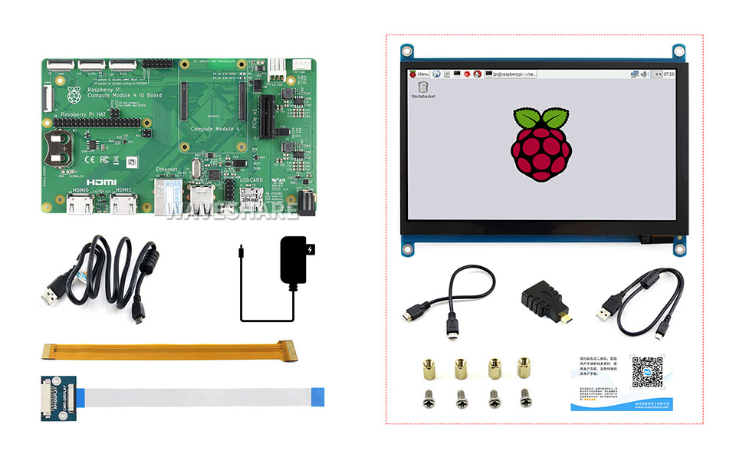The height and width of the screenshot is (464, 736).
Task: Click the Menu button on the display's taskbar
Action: click(424, 74)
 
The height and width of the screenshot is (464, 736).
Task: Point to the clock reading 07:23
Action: click(668, 74)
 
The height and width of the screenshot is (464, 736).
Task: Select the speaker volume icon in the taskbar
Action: click(644, 74)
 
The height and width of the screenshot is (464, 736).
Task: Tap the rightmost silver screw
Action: click(525, 398)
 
